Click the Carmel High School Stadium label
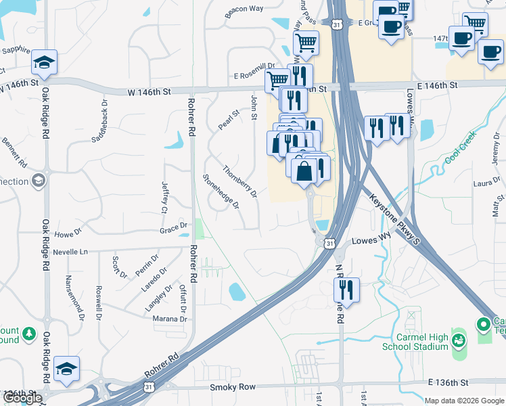(415, 341)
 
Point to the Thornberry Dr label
(240, 182)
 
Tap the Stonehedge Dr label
(221, 191)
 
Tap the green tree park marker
(29, 333)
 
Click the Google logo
(22, 399)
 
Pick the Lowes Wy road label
(371, 240)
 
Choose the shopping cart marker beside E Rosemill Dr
(277, 81)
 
